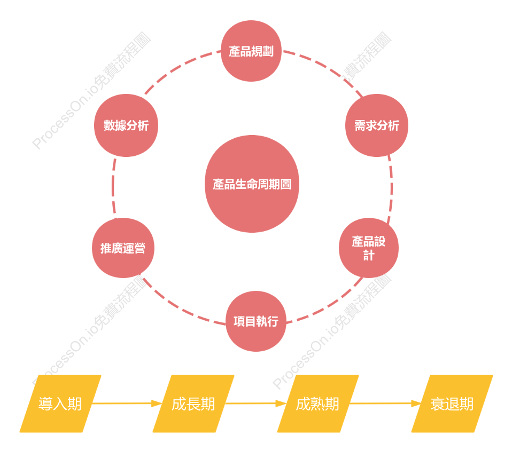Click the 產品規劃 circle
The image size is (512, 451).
[x=251, y=51]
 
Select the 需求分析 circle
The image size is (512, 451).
[x=377, y=125]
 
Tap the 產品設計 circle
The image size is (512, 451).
[x=369, y=248]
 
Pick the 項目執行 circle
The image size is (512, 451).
[x=256, y=321]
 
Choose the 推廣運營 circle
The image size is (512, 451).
[x=123, y=248]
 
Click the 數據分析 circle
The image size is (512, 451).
[x=126, y=125]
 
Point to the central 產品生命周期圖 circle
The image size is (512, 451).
[x=252, y=184]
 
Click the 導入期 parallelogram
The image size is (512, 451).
[x=60, y=403]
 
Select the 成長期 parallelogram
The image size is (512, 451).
[x=193, y=403]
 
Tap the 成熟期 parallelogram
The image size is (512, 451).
[x=317, y=403]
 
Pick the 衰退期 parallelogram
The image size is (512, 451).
[x=452, y=403]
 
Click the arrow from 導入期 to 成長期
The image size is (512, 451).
[x=127, y=403]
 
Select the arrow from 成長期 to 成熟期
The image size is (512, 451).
[x=256, y=403]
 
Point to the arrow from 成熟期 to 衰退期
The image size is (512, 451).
[x=385, y=403]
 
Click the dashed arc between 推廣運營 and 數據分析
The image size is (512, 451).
[x=113, y=187]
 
